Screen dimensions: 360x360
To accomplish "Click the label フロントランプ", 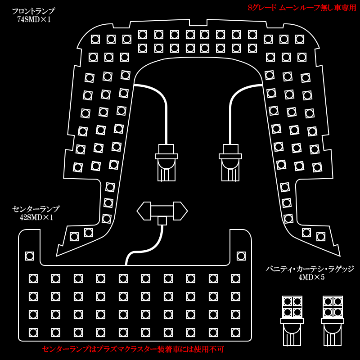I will tap(33, 11).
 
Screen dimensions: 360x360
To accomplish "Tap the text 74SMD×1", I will tap(34, 20).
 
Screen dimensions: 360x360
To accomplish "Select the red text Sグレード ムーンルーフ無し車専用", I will tap(301, 8).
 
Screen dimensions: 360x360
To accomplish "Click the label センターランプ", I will tap(36, 209).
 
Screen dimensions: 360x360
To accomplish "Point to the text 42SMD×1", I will tap(36, 218).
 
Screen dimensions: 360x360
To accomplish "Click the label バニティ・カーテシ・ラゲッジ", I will tap(310, 269).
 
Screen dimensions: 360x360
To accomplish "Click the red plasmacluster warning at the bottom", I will tap(133, 349).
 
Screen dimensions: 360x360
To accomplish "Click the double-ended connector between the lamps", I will tap(162, 211).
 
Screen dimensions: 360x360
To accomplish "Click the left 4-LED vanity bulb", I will tap(292, 320).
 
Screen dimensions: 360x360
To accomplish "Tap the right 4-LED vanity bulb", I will tap(333, 320).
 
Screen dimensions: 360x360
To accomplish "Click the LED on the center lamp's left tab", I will tap(30, 256).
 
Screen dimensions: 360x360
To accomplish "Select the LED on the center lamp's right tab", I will tap(241, 256).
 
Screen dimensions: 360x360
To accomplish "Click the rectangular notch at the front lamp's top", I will tap(198, 22).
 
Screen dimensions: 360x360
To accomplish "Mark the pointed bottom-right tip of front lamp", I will tap(339, 255).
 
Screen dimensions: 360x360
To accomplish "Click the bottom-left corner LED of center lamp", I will tap(33, 333).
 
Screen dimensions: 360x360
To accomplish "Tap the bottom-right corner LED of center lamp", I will tap(236, 333).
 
